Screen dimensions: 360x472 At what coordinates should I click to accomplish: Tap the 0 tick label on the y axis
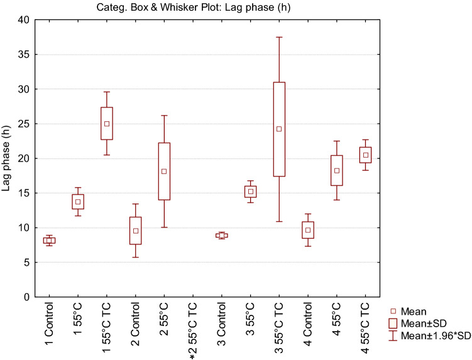[x=26, y=297]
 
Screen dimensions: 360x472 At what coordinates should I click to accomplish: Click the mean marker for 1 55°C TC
[x=107, y=124]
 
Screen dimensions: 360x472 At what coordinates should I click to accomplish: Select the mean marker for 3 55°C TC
[x=279, y=129]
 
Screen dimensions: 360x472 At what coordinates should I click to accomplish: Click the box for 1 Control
[x=49, y=241]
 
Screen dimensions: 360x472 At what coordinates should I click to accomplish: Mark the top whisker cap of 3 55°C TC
[x=279, y=37]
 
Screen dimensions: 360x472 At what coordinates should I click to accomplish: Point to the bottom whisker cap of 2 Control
[x=135, y=257]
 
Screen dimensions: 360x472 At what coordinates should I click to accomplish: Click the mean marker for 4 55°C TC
[x=365, y=155]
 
